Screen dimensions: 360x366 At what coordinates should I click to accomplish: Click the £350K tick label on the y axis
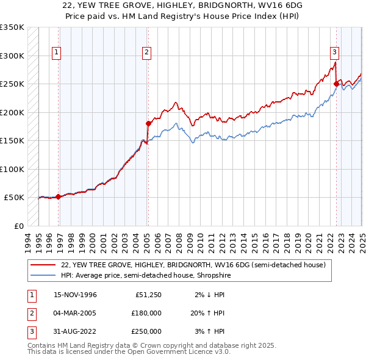[12, 27]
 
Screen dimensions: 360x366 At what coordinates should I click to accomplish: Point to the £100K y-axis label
[12, 169]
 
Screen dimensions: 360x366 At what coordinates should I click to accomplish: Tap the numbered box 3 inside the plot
[335, 52]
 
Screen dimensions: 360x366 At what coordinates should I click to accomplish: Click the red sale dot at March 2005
[148, 123]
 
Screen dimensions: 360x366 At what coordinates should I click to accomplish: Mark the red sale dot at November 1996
[59, 196]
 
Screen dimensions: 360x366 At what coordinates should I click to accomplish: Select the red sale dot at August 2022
[336, 84]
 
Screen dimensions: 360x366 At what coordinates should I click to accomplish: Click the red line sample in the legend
[43, 265]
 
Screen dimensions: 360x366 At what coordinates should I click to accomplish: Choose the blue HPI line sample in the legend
[43, 275]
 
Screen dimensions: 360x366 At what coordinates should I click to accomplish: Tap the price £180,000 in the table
[146, 313]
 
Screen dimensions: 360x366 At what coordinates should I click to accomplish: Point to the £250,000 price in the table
[146, 331]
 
